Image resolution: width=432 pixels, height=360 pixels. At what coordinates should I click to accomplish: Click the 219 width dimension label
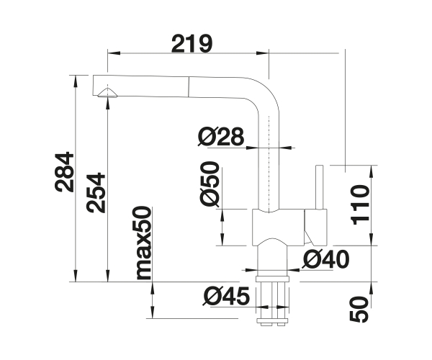click(192, 43)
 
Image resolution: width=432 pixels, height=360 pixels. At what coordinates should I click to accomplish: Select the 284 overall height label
click(65, 171)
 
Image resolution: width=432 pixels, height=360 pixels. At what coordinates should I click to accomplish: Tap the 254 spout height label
click(96, 193)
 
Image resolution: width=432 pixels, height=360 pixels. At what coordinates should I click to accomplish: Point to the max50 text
click(144, 243)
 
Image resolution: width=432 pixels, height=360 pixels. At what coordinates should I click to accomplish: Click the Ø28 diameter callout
click(221, 136)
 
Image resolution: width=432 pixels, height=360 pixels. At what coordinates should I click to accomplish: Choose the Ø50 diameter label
click(210, 184)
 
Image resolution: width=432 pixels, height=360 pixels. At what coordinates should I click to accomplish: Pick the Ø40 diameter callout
click(325, 259)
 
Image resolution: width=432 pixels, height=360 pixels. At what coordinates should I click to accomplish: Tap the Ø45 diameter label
click(226, 297)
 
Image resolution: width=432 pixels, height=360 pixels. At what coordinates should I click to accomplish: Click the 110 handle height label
click(359, 205)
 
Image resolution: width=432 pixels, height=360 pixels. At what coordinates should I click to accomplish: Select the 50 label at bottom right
click(359, 309)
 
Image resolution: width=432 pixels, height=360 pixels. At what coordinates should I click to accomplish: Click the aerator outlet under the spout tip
click(107, 93)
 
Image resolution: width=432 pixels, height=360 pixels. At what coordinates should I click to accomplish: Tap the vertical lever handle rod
click(319, 187)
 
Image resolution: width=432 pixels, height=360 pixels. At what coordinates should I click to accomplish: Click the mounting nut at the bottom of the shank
click(272, 321)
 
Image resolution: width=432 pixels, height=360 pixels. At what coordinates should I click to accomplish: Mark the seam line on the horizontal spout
click(189, 87)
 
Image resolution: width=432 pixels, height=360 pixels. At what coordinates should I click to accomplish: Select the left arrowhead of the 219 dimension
click(114, 53)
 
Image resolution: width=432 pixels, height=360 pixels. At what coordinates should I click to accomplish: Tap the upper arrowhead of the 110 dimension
click(371, 172)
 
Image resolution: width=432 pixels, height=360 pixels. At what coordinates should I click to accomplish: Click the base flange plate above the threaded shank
click(272, 279)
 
